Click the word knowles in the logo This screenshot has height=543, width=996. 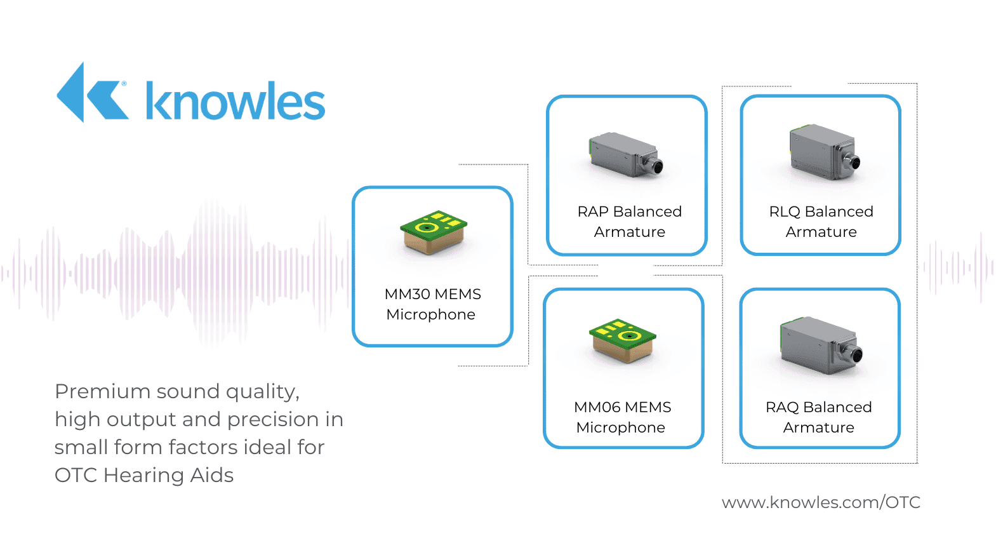(235, 102)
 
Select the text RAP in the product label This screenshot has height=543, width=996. (593, 211)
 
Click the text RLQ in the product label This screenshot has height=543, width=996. (785, 211)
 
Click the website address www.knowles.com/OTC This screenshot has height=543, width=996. (821, 502)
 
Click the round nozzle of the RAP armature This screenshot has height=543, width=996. (656, 167)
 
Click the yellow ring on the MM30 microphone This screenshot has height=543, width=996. (428, 227)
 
